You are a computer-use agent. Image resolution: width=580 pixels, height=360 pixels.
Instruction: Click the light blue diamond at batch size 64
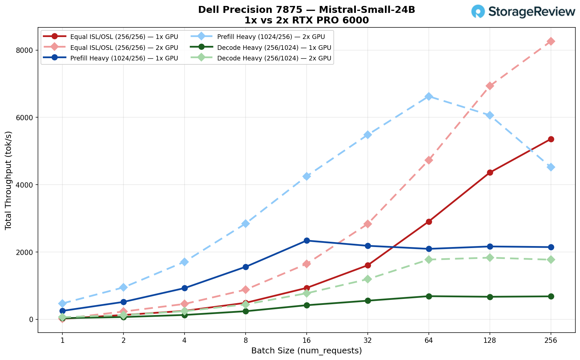[x=428, y=96]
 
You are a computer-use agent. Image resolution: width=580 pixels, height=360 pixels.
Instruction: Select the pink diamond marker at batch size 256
[x=551, y=41]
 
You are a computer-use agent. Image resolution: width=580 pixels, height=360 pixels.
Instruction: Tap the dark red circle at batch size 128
[x=490, y=172]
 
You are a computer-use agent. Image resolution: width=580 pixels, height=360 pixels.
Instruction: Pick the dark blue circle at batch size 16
[x=307, y=240]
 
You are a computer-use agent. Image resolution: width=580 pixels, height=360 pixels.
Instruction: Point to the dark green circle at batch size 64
[x=428, y=296]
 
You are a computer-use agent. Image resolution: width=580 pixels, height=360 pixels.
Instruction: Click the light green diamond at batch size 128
[x=490, y=258]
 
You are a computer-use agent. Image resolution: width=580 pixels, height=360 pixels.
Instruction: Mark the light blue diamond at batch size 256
[x=551, y=167]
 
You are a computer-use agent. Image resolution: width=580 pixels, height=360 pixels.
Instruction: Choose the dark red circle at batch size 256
[x=551, y=139]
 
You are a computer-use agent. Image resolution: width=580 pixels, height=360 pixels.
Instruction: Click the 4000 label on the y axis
[x=26, y=185]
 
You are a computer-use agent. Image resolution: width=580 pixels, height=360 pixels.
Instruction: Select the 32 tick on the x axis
[x=368, y=341]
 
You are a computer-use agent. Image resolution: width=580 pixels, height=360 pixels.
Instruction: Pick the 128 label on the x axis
[x=490, y=341]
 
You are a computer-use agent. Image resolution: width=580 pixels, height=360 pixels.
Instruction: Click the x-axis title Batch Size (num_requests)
[x=306, y=351]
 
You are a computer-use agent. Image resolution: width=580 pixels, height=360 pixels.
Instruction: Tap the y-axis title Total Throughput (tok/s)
[x=9, y=180]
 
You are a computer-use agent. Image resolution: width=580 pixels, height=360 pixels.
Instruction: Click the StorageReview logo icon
[x=478, y=11]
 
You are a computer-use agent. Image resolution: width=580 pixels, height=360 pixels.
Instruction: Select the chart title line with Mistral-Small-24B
[x=306, y=10]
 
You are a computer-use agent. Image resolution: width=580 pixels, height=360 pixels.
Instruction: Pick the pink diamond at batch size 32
[x=368, y=224]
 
